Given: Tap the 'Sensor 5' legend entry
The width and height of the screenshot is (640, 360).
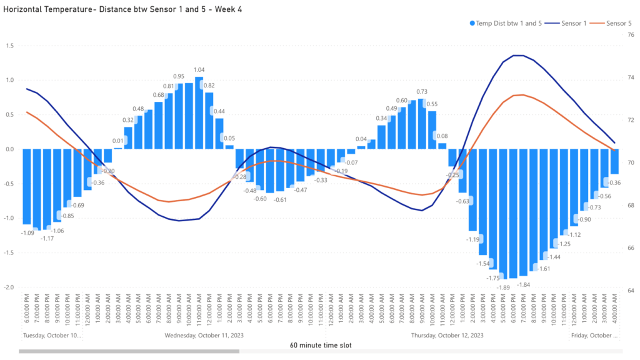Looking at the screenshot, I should (619, 23).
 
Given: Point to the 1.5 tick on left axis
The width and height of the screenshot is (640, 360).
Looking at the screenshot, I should (10, 46).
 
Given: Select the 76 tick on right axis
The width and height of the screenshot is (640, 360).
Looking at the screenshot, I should (631, 35).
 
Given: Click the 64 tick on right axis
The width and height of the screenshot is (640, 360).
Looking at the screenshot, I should (631, 291).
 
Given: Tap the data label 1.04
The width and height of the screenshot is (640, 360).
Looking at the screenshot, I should (199, 70).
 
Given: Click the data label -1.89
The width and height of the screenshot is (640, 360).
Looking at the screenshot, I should (503, 287).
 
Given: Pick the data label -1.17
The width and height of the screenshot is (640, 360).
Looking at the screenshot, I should (47, 238).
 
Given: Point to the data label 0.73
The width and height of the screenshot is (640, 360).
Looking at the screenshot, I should (422, 92).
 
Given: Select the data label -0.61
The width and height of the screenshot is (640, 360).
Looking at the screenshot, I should (281, 199).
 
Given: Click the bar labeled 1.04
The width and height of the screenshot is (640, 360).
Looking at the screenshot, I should (199, 112).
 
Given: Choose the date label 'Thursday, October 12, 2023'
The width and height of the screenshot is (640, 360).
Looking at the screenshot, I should (447, 335).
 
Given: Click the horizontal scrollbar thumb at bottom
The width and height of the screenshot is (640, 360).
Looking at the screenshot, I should (129, 351).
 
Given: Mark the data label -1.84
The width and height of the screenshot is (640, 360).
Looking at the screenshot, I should (523, 284).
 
